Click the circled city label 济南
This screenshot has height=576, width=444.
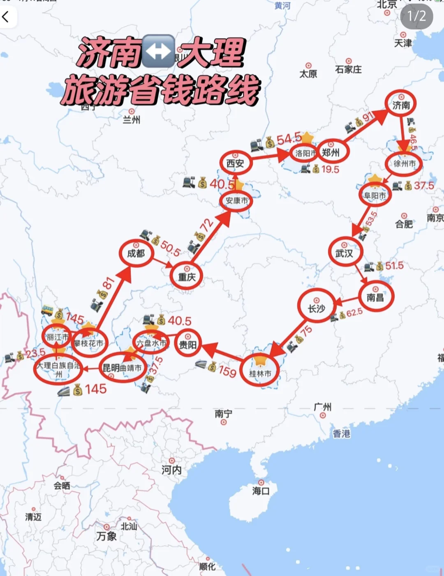(x=401, y=105)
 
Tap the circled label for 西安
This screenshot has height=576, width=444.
(x=235, y=163)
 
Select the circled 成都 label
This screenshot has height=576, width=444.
(x=136, y=253)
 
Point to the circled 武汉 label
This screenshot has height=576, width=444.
(x=345, y=253)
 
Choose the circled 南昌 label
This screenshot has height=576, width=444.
(x=375, y=297)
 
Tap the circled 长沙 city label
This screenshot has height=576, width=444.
(x=317, y=308)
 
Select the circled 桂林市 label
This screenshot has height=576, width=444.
(x=260, y=373)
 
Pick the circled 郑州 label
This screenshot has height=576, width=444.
(x=331, y=153)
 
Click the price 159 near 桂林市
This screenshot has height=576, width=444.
(x=227, y=371)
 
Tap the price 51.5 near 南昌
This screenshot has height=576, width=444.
(x=394, y=266)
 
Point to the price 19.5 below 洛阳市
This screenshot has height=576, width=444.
(x=330, y=169)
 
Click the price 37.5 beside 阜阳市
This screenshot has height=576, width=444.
(x=423, y=186)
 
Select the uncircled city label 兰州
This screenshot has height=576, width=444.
(x=132, y=119)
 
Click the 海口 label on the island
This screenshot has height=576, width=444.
(x=261, y=491)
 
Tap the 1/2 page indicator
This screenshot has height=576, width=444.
(x=416, y=16)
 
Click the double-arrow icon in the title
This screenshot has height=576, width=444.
(x=159, y=52)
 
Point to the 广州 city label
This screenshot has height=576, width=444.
(x=323, y=407)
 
